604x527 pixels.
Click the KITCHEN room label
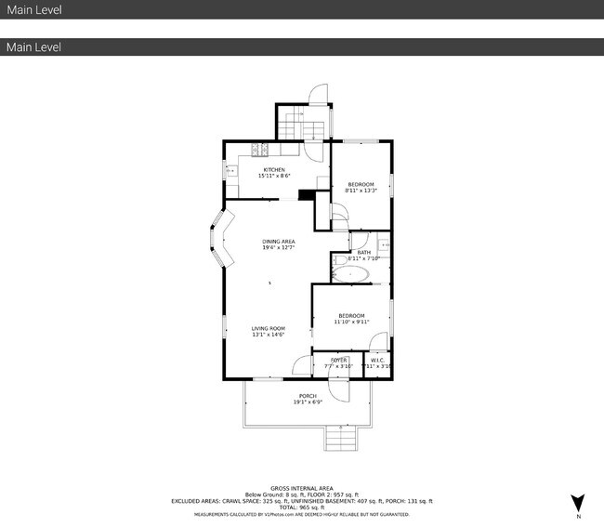click(273, 170)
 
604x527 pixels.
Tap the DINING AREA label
click(278, 242)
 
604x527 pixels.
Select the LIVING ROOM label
click(268, 329)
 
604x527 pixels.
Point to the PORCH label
click(308, 396)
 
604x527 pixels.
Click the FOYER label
click(339, 361)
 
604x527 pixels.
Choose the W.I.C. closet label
click(377, 361)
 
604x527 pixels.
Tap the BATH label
click(363, 252)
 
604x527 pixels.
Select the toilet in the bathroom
click(338, 264)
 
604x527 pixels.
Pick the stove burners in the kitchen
click(262, 149)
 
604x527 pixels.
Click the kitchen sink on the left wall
click(229, 170)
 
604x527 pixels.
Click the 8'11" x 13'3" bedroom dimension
click(361, 191)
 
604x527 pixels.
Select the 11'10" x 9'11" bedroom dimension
click(351, 323)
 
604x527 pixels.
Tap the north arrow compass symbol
click(577, 503)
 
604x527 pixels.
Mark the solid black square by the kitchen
click(305, 194)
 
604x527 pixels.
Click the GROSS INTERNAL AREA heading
click(301, 488)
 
